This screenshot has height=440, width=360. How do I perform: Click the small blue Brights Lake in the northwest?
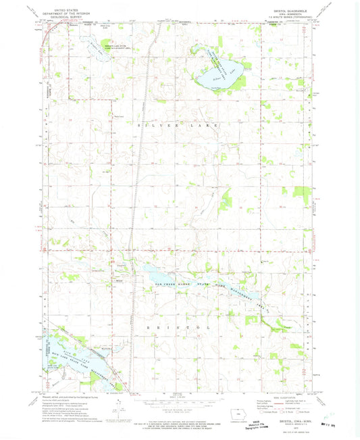[x=95, y=45]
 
